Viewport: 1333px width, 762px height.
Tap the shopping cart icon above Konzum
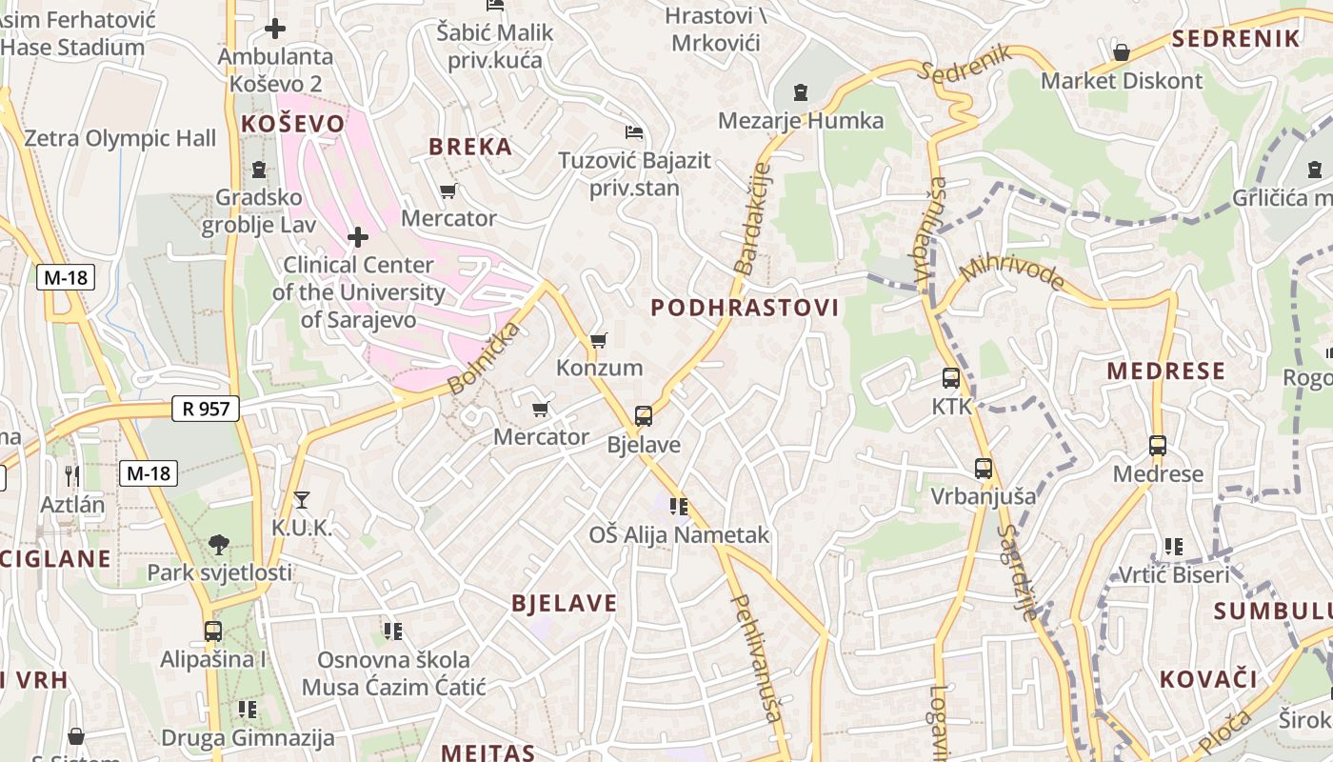[x=599, y=340]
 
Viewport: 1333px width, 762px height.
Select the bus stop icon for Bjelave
[x=644, y=416]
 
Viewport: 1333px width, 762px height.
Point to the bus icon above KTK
[x=951, y=378]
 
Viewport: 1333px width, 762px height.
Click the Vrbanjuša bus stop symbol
[x=984, y=469]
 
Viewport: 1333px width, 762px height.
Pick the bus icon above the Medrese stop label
[x=1158, y=446]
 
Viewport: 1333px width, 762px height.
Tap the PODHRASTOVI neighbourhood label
[x=745, y=308]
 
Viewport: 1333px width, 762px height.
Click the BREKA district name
[x=470, y=147]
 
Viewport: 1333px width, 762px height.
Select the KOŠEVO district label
[x=292, y=124]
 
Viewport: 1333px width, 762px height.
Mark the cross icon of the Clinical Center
[x=358, y=236]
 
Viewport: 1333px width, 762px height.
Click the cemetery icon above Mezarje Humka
[x=801, y=92]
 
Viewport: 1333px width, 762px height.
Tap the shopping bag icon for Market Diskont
[x=1122, y=52]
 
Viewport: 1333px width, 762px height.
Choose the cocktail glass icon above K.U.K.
[x=302, y=500]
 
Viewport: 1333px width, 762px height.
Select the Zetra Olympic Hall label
[x=120, y=138]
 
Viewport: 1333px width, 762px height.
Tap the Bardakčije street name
[x=752, y=219]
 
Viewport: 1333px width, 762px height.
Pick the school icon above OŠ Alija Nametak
[x=679, y=507]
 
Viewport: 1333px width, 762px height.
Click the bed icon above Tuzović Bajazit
[x=634, y=131]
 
